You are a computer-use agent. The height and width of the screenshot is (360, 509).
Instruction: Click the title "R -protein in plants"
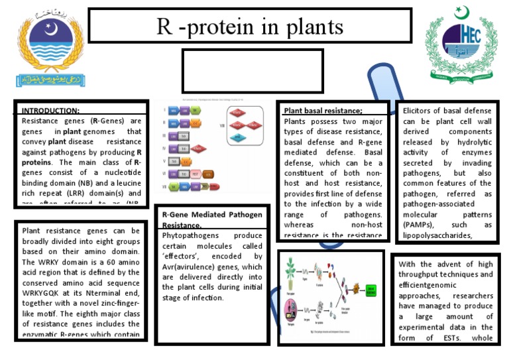(250, 27)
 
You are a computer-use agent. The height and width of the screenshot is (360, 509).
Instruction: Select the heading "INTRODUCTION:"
(50, 111)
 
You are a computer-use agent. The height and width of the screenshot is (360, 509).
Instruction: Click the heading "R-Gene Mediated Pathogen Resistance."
(212, 219)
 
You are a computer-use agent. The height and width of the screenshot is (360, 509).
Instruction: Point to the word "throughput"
(425, 274)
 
